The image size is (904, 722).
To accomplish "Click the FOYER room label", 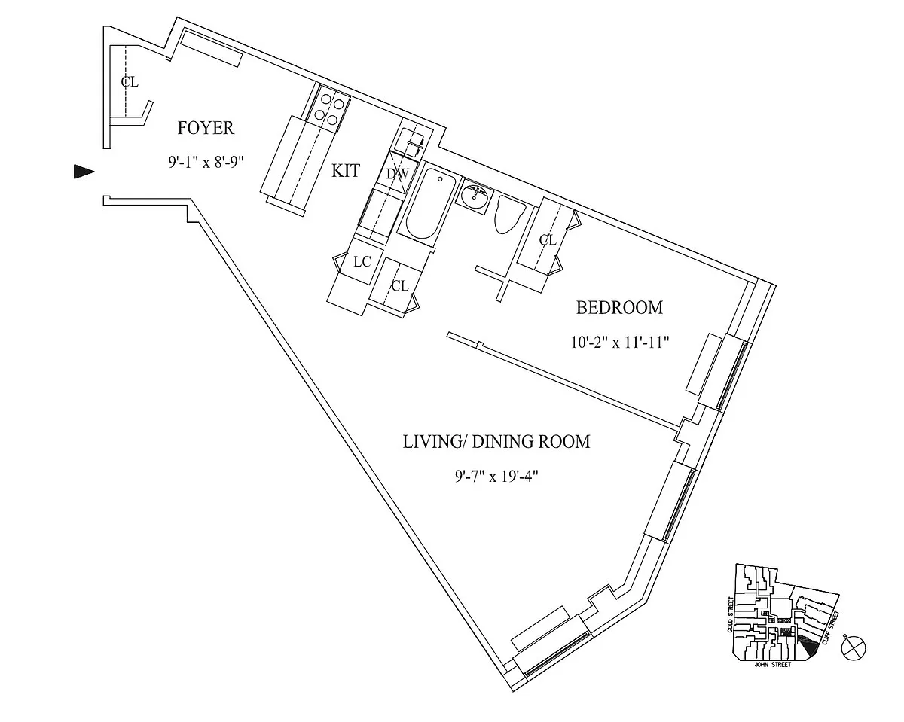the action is pos(206,128).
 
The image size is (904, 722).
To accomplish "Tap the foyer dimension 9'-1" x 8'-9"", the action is pos(206,162).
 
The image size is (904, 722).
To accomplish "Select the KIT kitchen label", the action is pos(346,171).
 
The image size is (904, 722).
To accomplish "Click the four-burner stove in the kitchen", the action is pos(329,109).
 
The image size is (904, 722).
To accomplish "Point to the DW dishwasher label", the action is pos(397,174).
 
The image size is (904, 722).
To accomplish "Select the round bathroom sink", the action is pos(476,196).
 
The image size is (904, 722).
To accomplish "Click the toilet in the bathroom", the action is pos(509,215).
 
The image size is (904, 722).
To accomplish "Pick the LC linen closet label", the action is pos(362,262).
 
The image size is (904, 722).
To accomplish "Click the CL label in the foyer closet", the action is pos(130,82).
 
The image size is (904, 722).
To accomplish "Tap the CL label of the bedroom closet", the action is pos(548,240).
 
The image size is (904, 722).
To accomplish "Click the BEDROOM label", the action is pos(619,308).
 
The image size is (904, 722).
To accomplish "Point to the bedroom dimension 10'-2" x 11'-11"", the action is pos(619,343).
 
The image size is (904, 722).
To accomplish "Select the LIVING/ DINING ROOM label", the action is pos(496,442).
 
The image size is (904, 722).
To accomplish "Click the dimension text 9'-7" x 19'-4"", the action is pos(496,477).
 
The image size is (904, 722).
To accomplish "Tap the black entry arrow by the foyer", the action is pos(84,172).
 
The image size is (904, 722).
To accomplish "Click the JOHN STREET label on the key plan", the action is pos(772,665).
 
